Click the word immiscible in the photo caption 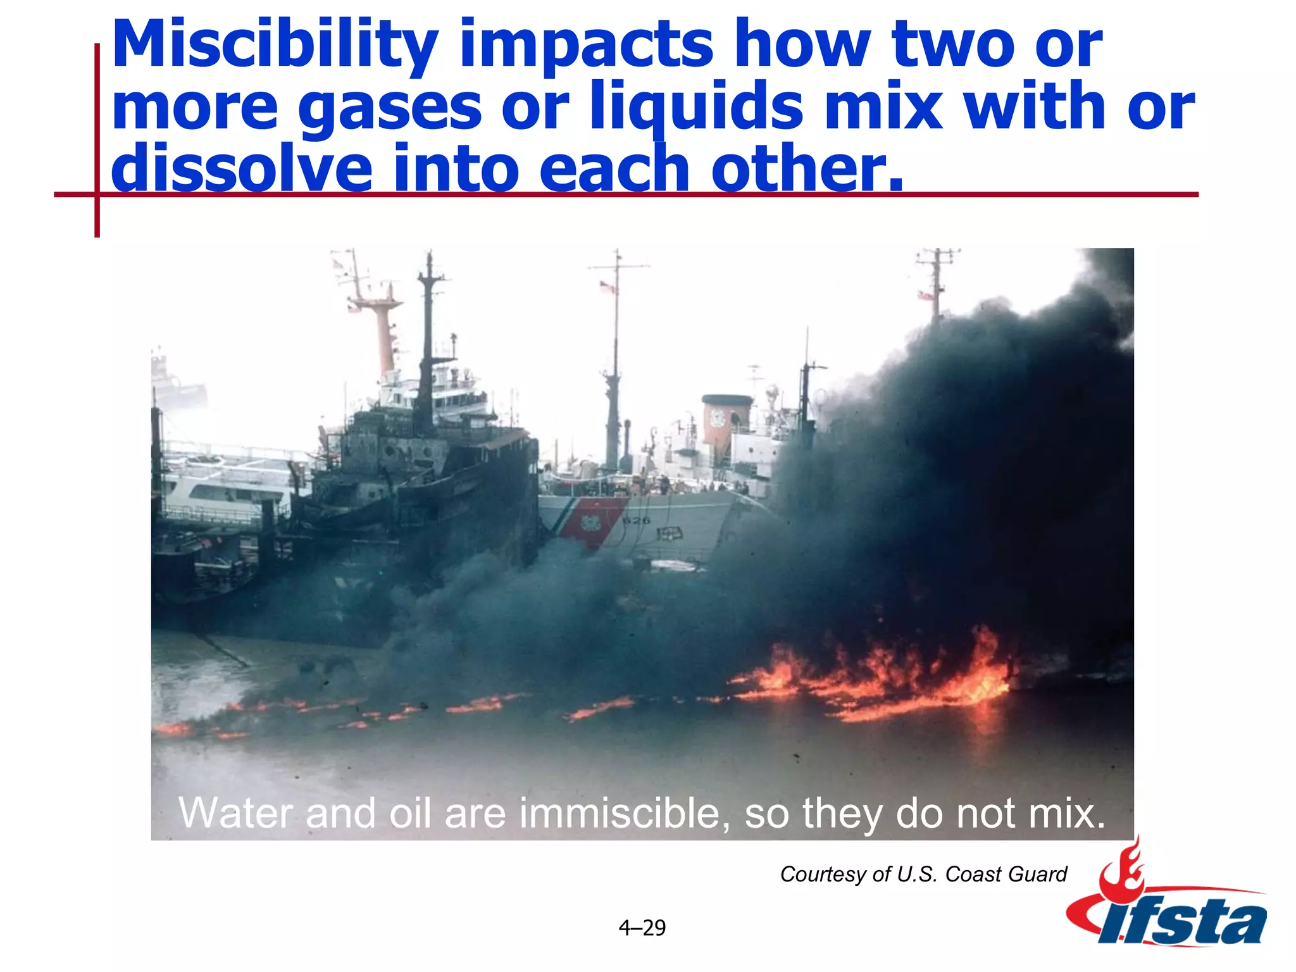[x=620, y=813]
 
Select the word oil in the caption [x=411, y=813]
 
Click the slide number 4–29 [x=642, y=928]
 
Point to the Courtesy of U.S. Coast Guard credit [x=923, y=874]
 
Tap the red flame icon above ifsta [x=1123, y=870]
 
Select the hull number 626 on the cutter [x=636, y=520]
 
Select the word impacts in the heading [x=586, y=46]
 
